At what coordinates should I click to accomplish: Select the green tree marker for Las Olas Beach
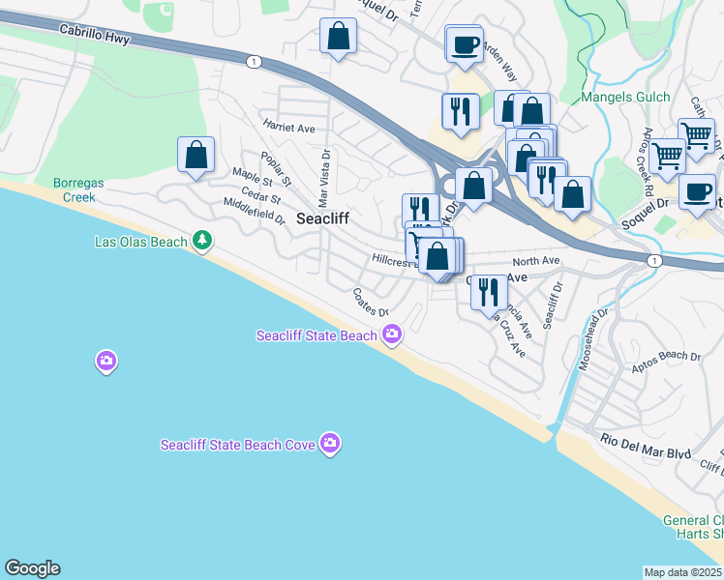(x=201, y=239)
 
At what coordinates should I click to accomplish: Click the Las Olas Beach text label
(x=140, y=242)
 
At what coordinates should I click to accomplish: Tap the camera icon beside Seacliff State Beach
(x=392, y=334)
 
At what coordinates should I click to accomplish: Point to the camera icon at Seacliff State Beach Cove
(x=331, y=443)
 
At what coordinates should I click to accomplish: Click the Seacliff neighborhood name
(x=322, y=218)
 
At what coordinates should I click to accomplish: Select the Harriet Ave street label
(x=288, y=127)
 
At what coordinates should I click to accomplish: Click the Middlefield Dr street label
(x=255, y=212)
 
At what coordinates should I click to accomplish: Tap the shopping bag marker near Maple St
(x=196, y=156)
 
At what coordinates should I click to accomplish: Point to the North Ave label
(x=536, y=261)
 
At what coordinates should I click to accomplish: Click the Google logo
(x=32, y=568)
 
